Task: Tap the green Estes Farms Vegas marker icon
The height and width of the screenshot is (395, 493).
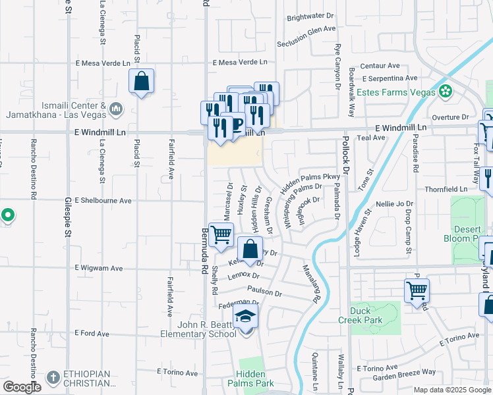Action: point(446,90)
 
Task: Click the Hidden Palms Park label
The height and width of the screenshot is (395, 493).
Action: point(254,378)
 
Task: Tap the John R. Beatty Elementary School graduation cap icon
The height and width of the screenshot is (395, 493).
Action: point(246,317)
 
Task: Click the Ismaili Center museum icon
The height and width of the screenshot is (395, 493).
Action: point(115,107)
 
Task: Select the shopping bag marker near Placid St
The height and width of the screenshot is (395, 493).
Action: point(142,82)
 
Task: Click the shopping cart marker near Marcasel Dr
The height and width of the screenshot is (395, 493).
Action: point(222,233)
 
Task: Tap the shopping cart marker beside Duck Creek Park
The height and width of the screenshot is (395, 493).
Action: point(417,289)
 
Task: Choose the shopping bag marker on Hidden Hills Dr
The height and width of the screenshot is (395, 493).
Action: point(250,250)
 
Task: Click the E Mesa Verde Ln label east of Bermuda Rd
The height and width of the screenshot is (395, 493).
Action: point(240,63)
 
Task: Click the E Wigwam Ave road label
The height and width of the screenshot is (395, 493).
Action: point(99,268)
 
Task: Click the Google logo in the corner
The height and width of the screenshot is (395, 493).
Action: point(22,386)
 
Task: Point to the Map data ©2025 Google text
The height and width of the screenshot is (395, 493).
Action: point(451,390)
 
